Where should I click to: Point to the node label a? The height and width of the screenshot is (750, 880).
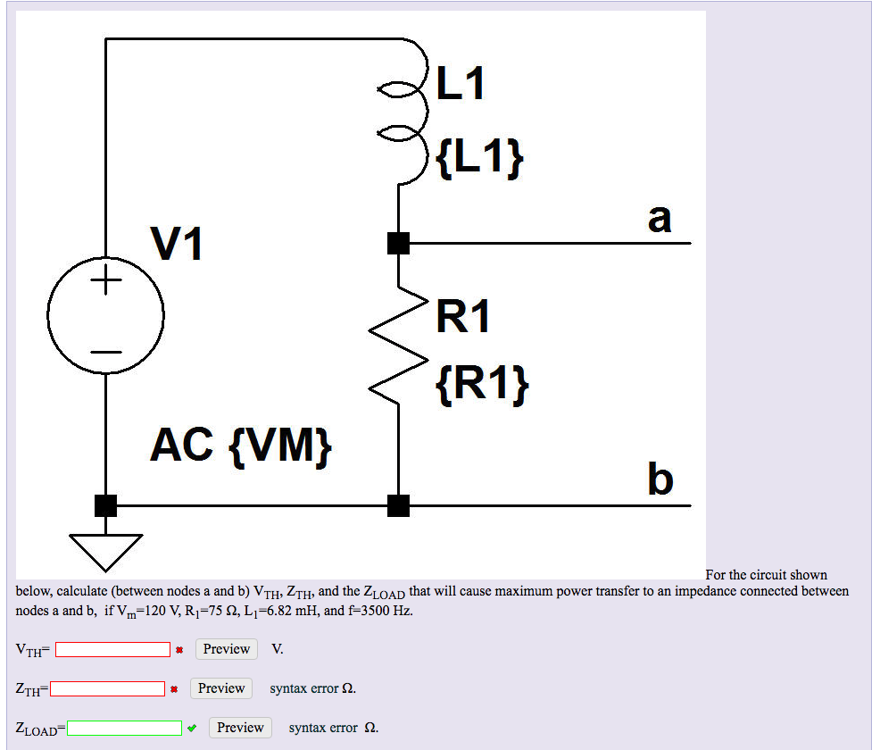pos(660,217)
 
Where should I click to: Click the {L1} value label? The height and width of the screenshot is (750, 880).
pos(479,159)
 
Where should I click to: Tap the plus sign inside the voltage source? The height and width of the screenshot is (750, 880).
pos(105,283)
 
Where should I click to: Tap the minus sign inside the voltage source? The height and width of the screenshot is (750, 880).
pos(105,352)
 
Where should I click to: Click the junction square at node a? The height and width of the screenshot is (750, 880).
pos(398,242)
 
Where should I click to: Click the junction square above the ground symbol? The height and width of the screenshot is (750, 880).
pos(105,505)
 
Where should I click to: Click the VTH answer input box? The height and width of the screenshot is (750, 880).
pos(113,650)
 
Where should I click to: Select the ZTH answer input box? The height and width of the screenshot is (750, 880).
pos(108,688)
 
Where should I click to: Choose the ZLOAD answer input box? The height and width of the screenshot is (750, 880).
pos(126,728)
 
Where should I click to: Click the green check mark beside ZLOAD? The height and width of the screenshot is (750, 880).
pos(192,728)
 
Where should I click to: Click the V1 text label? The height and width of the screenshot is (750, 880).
pos(177,243)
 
